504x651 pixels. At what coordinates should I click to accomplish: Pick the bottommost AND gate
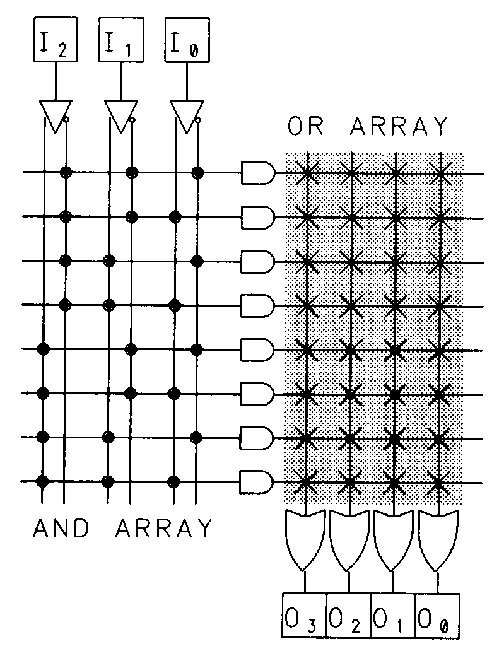258,482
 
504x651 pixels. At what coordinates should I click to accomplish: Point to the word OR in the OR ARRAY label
307,127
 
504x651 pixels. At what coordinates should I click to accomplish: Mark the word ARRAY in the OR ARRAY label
397,127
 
